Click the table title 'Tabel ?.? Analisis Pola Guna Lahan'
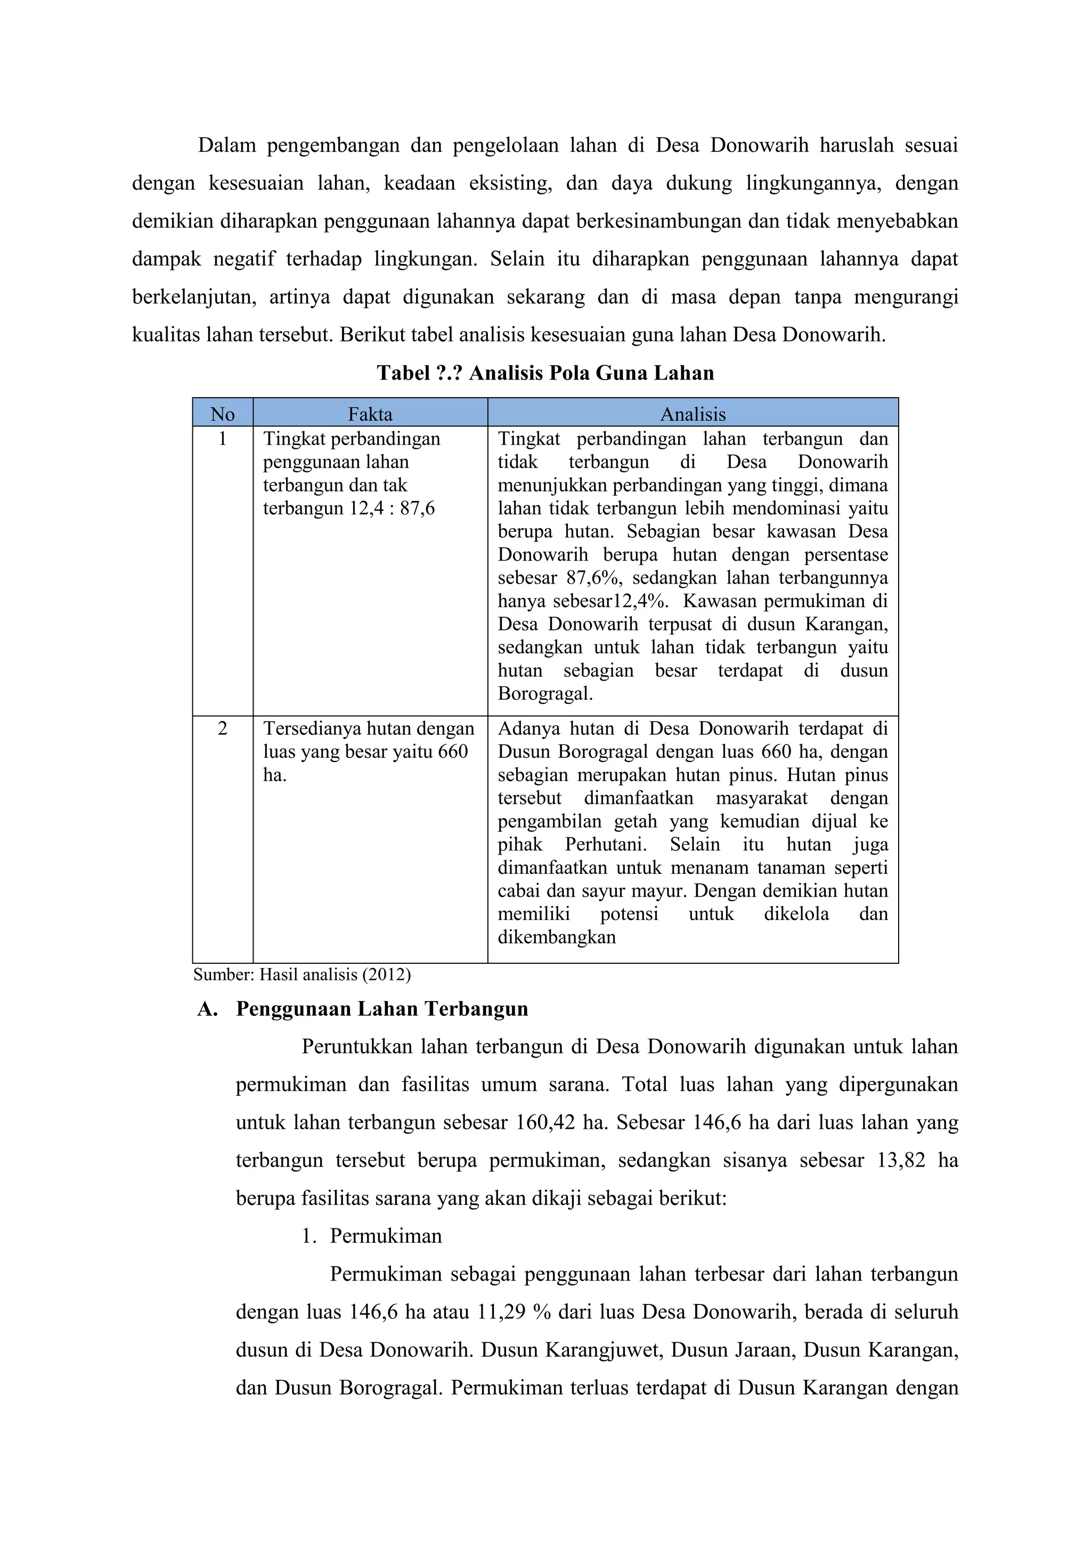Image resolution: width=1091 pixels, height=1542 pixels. coord(545,373)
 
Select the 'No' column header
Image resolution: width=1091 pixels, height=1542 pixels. coord(222,414)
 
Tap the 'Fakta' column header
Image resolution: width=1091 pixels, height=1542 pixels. coord(370,414)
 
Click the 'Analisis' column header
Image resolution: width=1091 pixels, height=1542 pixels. coord(693,414)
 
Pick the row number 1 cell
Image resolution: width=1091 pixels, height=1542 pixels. coord(222,439)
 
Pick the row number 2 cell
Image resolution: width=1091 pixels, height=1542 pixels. coord(222,729)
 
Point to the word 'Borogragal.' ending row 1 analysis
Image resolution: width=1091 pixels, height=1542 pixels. coord(545,694)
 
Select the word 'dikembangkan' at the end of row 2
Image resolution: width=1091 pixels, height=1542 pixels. coord(556,937)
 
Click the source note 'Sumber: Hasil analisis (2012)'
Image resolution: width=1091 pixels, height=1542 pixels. coord(302,974)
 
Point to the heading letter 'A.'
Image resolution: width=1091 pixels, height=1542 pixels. coord(208,1009)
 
